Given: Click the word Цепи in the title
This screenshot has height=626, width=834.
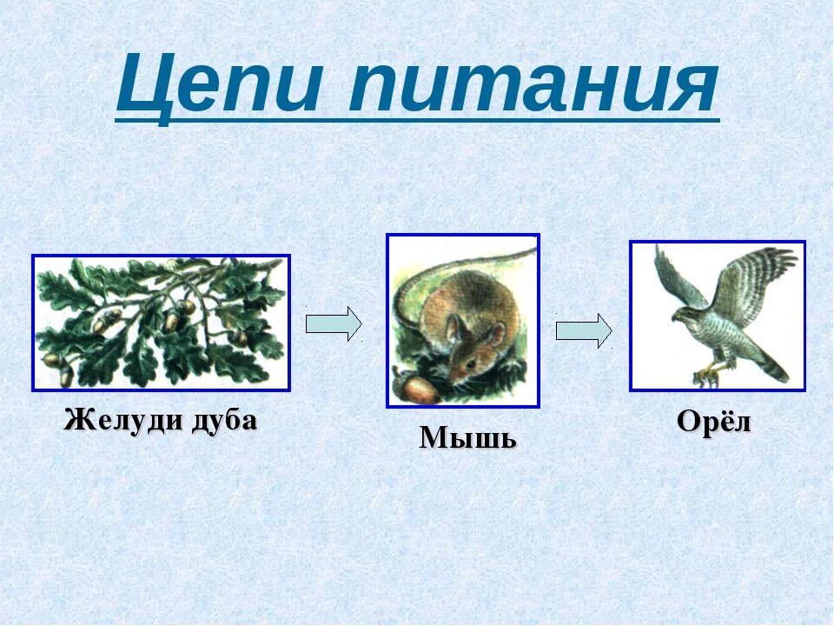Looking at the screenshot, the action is coord(219,85).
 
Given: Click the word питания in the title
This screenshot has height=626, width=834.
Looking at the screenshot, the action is coord(533,85).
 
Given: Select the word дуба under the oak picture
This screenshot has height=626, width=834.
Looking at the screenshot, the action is coord(223,421).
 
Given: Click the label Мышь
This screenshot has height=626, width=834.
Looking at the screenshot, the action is coord(467,438).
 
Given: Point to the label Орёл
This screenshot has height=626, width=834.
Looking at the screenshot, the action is coord(714,421).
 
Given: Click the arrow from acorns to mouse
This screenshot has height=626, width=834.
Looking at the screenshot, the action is coord(334,323).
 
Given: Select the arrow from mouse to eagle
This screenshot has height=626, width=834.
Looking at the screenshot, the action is coord(584,330).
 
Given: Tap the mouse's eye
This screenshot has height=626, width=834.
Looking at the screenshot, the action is coord(470,362).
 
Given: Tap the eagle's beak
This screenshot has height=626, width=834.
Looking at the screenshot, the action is coord(676,317).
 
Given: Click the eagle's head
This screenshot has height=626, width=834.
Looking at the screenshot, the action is coord(686,313).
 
